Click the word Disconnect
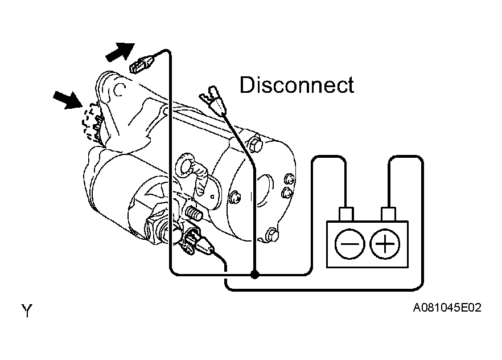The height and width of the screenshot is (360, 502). [297, 85]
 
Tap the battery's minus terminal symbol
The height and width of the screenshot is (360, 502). [349, 244]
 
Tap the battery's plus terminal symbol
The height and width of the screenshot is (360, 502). [385, 244]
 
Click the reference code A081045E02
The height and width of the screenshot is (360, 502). [447, 308]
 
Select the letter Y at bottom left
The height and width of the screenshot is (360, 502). [27, 310]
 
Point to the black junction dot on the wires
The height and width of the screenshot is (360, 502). [254, 275]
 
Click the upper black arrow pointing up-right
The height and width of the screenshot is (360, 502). [121, 52]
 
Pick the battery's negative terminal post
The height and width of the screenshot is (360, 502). [346, 214]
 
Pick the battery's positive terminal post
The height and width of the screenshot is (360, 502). [388, 214]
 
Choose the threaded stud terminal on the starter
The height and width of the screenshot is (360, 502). [194, 212]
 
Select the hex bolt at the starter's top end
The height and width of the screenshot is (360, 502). [255, 145]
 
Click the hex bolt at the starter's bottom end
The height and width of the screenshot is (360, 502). [271, 235]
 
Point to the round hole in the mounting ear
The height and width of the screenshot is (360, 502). [119, 89]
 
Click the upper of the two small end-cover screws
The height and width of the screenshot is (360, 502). [289, 178]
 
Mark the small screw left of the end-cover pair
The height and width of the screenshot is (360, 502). [234, 198]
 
